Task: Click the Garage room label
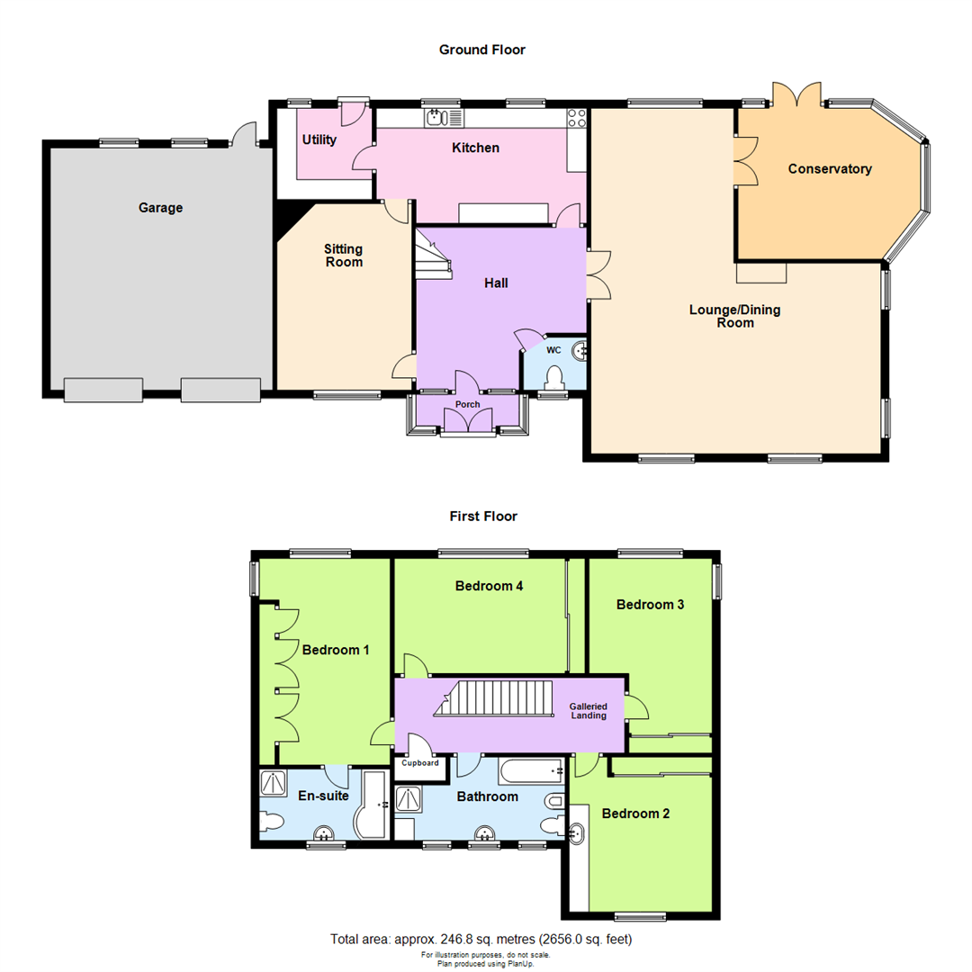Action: [x=160, y=208]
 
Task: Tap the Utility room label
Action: [x=319, y=139]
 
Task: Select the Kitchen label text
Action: [x=475, y=148]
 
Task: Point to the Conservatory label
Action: [x=829, y=168]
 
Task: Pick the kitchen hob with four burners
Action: [x=576, y=118]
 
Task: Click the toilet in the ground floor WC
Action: [x=554, y=377]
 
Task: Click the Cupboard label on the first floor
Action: [x=419, y=763]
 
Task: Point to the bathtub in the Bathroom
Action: [x=531, y=770]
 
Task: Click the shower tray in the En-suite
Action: [x=272, y=782]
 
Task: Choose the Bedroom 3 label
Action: [x=650, y=605]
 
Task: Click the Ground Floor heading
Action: [x=481, y=49]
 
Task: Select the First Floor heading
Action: [x=483, y=516]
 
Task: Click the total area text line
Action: [x=481, y=940]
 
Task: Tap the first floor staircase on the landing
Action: [x=490, y=699]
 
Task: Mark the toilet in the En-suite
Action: [x=271, y=821]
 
